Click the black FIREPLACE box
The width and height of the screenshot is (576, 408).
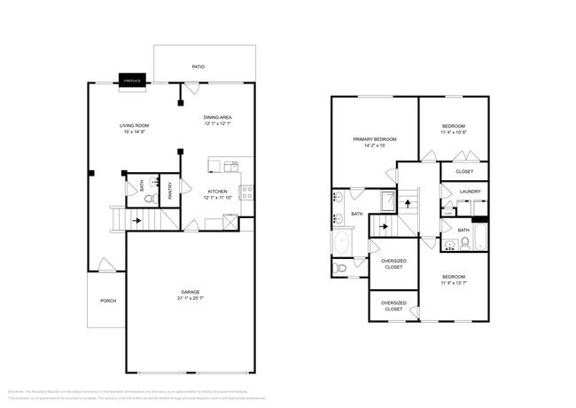pos(133,80)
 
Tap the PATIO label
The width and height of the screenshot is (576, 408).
pos(198,67)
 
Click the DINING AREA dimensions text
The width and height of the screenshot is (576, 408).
pos(217,124)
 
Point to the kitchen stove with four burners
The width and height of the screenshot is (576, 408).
pos(246,192)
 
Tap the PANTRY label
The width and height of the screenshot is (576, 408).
pos(169,190)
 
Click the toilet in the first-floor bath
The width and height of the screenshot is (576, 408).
pos(148,200)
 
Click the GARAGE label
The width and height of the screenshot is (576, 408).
pos(190,292)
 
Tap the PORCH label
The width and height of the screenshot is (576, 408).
pos(108,301)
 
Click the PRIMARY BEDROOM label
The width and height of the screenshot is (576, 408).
pos(374,139)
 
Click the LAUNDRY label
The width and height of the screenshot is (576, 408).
pos(470,191)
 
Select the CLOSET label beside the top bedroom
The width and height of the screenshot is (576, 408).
pos(464,171)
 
